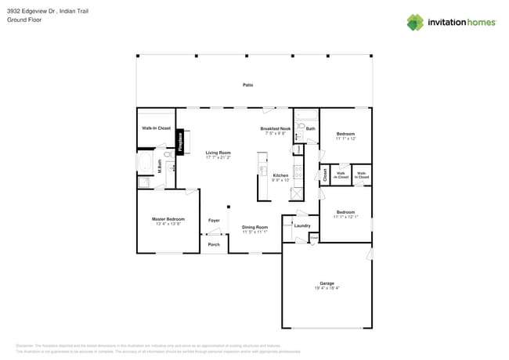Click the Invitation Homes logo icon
click(x=415, y=22)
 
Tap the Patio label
click(x=247, y=85)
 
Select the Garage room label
click(x=327, y=283)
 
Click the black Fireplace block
click(x=180, y=142)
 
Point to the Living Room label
click(x=218, y=153)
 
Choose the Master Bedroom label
click(x=168, y=219)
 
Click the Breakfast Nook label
click(x=276, y=128)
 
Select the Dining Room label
click(x=254, y=228)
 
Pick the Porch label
click(x=214, y=245)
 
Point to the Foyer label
click(x=214, y=221)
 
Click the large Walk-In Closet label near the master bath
click(x=156, y=128)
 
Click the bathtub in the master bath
click(x=145, y=162)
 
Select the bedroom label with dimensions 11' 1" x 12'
click(x=345, y=135)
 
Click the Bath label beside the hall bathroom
click(x=311, y=128)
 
